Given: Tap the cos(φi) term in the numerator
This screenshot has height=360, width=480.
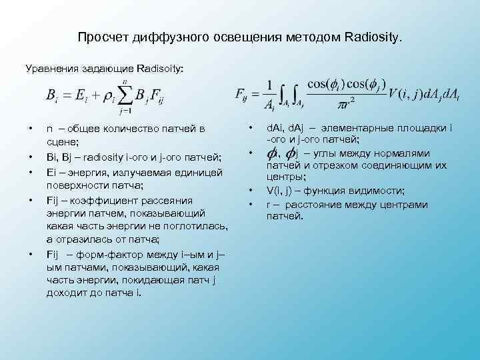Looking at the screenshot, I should tap(329, 83).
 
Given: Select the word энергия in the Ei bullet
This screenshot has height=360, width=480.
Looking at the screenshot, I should tap(86, 171).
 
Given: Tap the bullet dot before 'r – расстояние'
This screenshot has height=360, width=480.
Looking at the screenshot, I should tap(251, 203).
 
